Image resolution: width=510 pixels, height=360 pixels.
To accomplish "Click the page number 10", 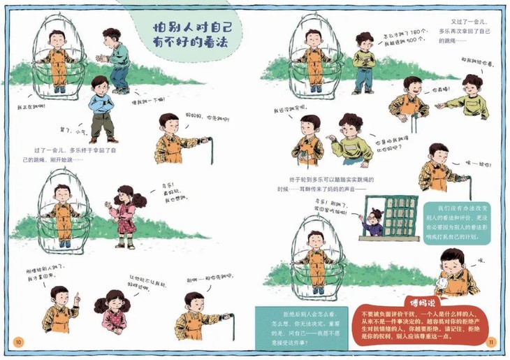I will [18, 342].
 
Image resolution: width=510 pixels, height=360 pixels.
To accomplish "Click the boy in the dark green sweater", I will [115, 60].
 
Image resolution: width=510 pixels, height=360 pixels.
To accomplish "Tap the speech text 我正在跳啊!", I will [31, 106].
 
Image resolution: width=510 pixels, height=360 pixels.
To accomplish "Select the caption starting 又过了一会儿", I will [464, 32].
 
